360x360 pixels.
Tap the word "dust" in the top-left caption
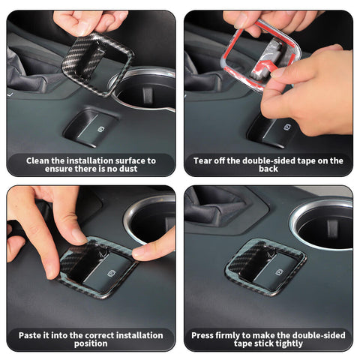(x=128, y=169)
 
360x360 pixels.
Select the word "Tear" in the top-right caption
(x=202, y=160)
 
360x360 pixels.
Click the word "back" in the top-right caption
(x=268, y=169)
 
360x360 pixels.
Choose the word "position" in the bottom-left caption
(x=91, y=343)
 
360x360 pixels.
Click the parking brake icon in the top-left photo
(x=100, y=129)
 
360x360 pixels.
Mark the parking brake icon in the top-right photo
(x=287, y=127)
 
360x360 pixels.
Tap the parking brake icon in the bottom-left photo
(x=111, y=273)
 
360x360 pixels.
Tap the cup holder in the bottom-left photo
(x=149, y=220)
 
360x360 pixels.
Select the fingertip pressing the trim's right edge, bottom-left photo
(x=140, y=253)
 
